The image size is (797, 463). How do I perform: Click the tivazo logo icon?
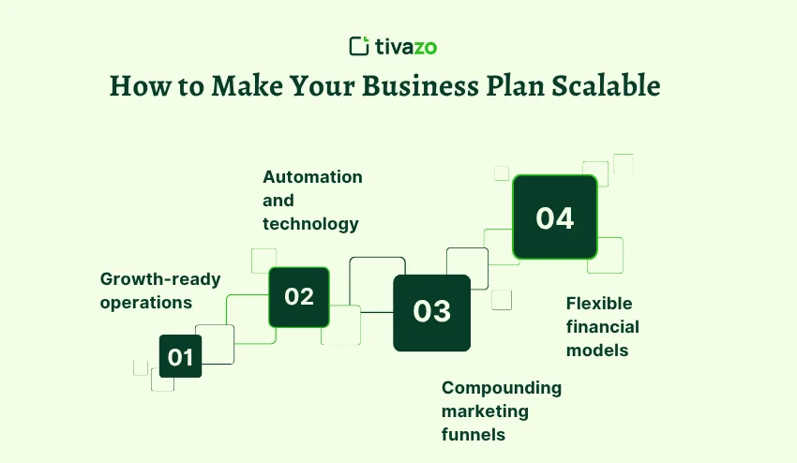click(359, 45)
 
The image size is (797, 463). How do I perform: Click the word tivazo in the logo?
click(406, 45)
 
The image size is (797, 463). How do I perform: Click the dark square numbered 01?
click(181, 356)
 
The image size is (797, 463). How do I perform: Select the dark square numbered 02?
click(299, 297)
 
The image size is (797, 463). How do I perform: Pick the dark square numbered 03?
click(431, 312)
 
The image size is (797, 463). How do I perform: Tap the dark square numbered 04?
click(554, 217)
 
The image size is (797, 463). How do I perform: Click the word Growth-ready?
click(160, 279)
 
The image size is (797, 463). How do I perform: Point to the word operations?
click(146, 303)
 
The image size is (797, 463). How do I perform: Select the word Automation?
click(312, 177)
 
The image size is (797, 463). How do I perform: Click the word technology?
click(310, 224)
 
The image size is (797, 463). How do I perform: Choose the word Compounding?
click(502, 388)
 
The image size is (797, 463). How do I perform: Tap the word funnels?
click(474, 435)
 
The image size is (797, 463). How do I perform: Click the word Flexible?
click(599, 304)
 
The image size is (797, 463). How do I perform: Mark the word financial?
click(602, 327)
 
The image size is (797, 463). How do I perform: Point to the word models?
click(596, 351)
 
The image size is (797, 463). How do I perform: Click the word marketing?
click(485, 411)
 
